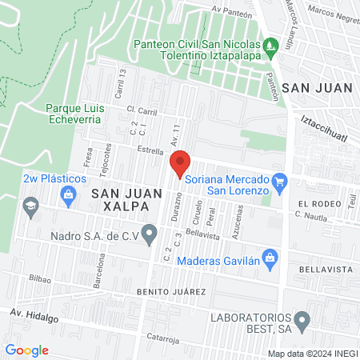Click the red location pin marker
180,163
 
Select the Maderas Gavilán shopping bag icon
270,258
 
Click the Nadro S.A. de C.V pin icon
149,234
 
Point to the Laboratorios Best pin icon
302,322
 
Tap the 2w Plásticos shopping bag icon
70,193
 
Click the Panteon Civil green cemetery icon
271,44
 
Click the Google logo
26,350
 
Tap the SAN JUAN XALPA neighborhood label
121,199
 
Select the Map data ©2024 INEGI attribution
313,354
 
